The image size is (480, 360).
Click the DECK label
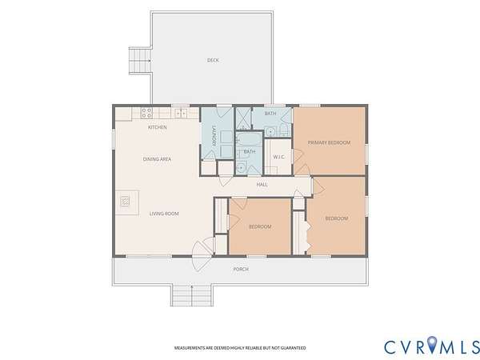[213, 60]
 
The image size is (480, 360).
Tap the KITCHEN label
[158, 127]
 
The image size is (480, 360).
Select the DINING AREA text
[157, 159]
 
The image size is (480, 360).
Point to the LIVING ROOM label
[164, 214]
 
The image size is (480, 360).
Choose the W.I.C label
[278, 157]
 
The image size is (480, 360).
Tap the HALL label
[262, 185]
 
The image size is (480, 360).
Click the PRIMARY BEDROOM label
[329, 142]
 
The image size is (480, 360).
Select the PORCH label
[241, 270]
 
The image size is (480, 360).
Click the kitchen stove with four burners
[146, 113]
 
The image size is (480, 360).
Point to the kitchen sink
[181, 113]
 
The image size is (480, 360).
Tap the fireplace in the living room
[125, 202]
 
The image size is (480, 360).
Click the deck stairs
[140, 61]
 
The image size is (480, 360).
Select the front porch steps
[192, 295]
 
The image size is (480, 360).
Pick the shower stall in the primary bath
[243, 118]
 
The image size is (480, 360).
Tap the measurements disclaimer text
[240, 348]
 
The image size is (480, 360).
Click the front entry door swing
[202, 256]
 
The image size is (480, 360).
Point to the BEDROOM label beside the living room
[260, 227]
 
